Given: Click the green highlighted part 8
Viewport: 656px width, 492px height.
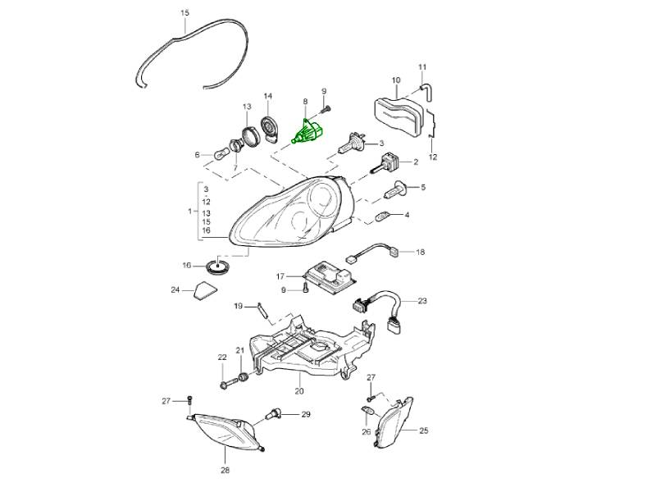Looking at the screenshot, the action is point(309,131).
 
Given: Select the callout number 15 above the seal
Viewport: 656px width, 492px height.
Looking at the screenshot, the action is point(185,13).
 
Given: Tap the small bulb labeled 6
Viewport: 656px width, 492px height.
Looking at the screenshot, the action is point(221,155).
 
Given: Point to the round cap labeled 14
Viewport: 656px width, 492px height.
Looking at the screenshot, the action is point(268,127).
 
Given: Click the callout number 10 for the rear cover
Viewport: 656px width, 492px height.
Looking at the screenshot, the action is point(396,80).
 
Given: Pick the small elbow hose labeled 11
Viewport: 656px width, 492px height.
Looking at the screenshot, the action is point(426,92).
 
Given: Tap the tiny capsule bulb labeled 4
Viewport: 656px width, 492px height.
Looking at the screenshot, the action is point(383,217).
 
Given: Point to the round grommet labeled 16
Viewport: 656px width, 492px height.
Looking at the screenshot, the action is point(219,266).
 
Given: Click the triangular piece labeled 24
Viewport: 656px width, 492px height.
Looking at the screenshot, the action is point(206,290).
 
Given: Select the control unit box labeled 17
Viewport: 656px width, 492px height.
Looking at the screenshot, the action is point(331,276).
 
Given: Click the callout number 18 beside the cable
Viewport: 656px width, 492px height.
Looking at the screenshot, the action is point(420,253).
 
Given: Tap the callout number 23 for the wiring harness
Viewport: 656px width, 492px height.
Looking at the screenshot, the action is point(421,301).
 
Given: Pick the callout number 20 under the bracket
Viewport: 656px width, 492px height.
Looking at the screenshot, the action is point(298,391).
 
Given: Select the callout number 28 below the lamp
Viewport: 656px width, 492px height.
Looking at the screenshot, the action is point(225,470).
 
